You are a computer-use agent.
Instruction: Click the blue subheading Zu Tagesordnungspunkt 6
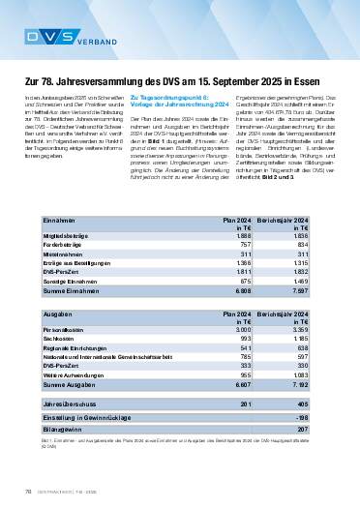tap(164, 126)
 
